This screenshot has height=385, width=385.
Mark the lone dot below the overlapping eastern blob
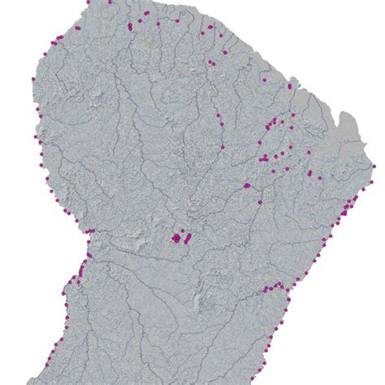pos(258,198)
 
